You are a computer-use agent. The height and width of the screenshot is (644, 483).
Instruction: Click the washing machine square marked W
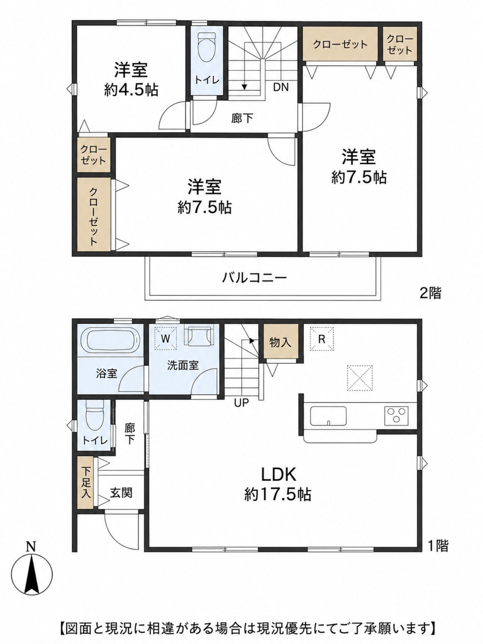pyautogui.click(x=165, y=338)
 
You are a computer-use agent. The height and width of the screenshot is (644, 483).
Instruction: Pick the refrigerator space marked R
pyautogui.click(x=321, y=339)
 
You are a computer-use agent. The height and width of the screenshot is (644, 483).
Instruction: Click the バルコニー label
pyautogui.click(x=254, y=277)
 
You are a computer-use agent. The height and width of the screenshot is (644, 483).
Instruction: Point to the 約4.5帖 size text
pyautogui.click(x=131, y=90)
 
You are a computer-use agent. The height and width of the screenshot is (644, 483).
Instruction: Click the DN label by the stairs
pyautogui.click(x=281, y=87)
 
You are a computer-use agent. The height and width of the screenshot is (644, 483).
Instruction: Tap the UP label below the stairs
pyautogui.click(x=241, y=402)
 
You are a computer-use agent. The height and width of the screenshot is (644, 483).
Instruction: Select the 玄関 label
pyautogui.click(x=121, y=492)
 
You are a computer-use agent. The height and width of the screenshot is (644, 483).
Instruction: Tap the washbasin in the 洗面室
pyautogui.click(x=198, y=336)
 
